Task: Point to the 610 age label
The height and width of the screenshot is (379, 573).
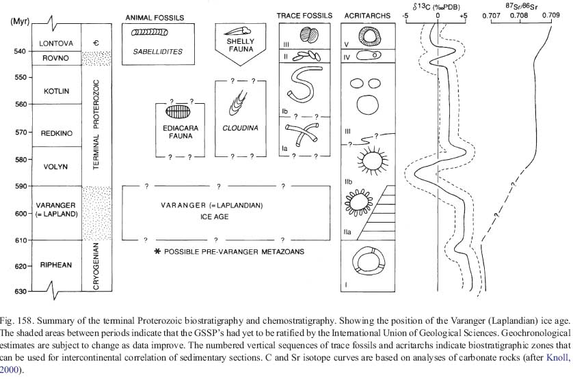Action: pos(19,240)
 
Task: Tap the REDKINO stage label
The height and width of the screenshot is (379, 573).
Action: pos(55,132)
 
